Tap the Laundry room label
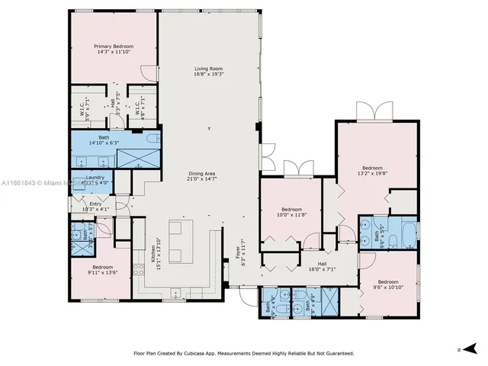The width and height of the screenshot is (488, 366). [95, 180]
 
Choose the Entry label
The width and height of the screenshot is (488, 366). [95, 206]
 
